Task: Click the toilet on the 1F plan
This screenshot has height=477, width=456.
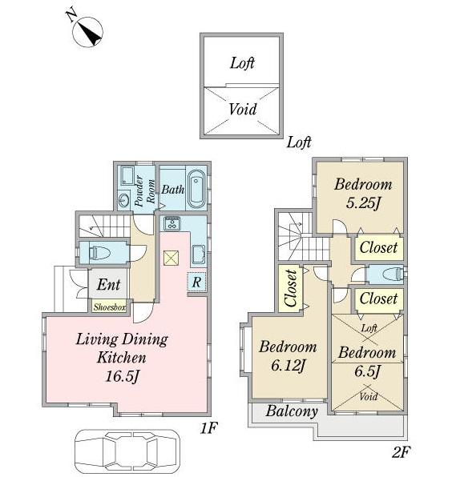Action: [101, 253]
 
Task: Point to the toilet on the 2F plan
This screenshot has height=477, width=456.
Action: [387, 275]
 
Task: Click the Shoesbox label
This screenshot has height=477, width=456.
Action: [109, 307]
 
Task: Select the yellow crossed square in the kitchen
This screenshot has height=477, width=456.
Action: [170, 257]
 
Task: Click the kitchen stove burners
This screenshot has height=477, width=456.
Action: [172, 223]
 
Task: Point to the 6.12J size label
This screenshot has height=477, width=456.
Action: [287, 367]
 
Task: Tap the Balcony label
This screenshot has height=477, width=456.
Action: [292, 411]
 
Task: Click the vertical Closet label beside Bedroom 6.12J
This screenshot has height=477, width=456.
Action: [291, 288]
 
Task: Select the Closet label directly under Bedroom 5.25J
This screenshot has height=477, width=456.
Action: [377, 248]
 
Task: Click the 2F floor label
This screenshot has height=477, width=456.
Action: [401, 452]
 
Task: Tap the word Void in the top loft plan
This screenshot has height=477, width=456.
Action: [242, 110]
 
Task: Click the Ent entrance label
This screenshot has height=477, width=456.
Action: [109, 285]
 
